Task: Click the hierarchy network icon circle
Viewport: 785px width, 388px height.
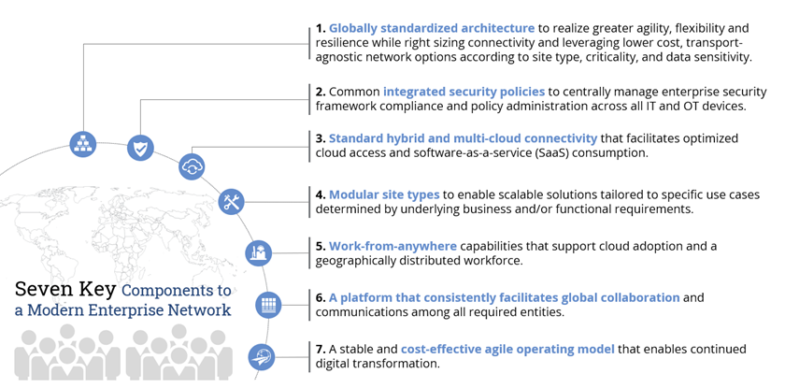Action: (83, 144)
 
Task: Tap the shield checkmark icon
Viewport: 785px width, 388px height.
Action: (140, 148)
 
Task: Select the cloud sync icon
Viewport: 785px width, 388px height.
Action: (192, 167)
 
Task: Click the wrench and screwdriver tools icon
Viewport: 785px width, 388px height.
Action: (232, 202)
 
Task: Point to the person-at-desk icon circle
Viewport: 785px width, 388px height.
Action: (258, 252)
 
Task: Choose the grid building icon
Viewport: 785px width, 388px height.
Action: (268, 305)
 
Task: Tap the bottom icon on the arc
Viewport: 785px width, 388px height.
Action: (262, 356)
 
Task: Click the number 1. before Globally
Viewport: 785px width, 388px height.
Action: (320, 29)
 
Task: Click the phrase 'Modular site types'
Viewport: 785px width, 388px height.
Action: (384, 194)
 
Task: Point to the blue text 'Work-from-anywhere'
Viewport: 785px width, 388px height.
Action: (392, 246)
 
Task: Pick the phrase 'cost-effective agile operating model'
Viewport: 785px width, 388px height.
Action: (507, 349)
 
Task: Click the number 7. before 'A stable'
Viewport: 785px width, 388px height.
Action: (320, 349)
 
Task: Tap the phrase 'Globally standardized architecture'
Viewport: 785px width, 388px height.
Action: (431, 29)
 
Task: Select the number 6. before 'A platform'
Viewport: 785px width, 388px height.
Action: (320, 297)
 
